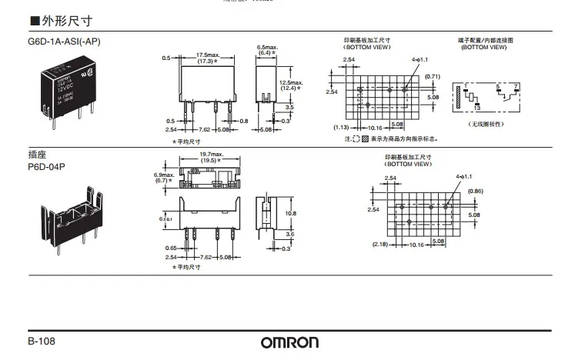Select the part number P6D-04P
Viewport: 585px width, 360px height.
(x=48, y=165)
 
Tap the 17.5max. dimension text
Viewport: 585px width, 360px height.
(x=205, y=55)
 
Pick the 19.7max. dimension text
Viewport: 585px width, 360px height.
(x=210, y=154)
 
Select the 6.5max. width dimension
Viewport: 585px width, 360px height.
(x=267, y=47)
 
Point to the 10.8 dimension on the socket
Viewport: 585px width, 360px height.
(x=290, y=213)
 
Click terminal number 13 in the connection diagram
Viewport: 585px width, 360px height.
(x=477, y=108)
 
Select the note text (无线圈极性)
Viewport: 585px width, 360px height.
(x=484, y=124)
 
